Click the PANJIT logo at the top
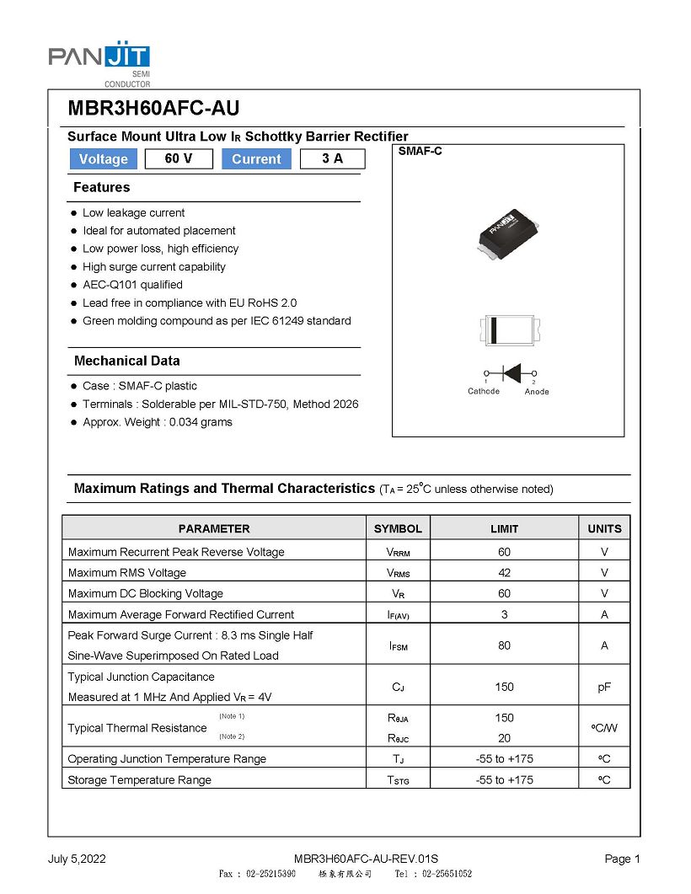(99, 59)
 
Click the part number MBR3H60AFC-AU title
(153, 108)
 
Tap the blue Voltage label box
(103, 159)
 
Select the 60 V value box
(179, 158)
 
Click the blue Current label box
(256, 159)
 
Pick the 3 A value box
(332, 158)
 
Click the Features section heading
(102, 187)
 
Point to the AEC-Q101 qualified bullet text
(132, 285)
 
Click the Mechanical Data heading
(126, 361)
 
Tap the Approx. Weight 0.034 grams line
(158, 422)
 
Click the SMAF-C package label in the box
(420, 152)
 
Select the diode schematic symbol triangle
(511, 372)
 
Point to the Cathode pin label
(484, 391)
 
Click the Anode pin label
(537, 391)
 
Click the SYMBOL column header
(398, 529)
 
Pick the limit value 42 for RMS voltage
(504, 573)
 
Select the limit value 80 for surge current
(504, 645)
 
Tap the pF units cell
(604, 687)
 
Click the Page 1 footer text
(623, 859)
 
